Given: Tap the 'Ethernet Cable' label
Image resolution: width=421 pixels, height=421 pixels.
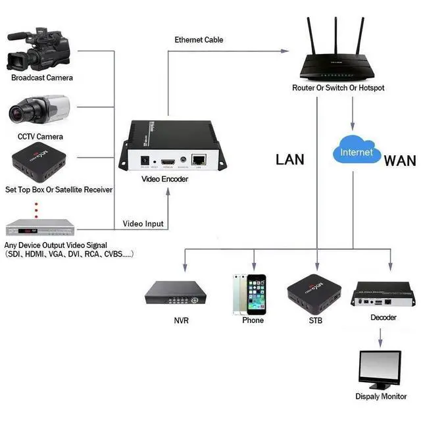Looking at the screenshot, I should [x=199, y=40].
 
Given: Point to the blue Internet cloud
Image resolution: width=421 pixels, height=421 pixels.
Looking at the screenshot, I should [x=356, y=151].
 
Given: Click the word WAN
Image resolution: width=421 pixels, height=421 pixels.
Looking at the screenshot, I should [x=400, y=160].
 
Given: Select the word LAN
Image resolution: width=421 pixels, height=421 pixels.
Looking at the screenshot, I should [x=289, y=159].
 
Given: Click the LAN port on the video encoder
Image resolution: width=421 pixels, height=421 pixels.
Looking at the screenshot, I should [x=198, y=159].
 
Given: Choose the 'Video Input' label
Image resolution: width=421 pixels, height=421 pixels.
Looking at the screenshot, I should [x=143, y=224].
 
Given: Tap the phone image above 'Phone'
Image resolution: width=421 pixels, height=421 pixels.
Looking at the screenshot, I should [x=249, y=294].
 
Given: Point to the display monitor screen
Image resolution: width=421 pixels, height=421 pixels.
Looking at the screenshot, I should [x=380, y=367].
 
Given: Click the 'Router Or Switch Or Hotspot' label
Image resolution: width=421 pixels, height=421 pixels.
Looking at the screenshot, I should [x=338, y=88].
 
